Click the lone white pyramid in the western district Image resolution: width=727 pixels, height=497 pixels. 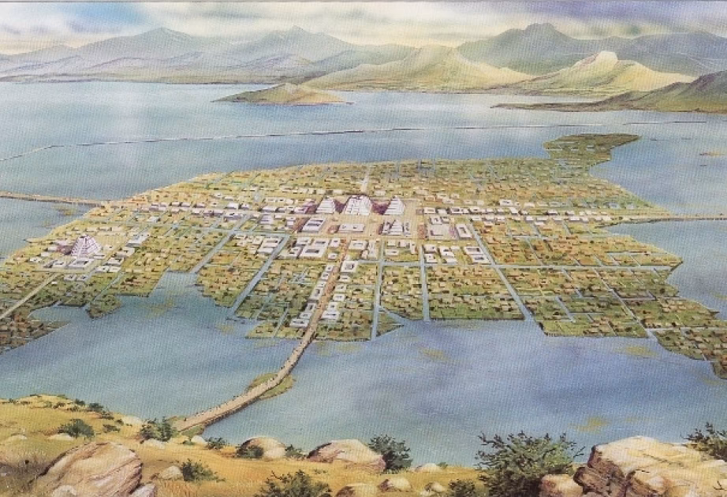pos(86,246)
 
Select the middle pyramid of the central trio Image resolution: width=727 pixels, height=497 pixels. pos(360,205)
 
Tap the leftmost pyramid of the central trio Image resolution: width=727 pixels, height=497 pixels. pos(326,206)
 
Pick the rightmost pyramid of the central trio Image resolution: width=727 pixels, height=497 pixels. pos(393,206)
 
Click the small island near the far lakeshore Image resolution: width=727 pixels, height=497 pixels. pos(284,95)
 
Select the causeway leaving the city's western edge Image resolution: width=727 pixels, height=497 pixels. pos(32,198)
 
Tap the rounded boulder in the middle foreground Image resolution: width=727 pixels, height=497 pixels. pos(347,453)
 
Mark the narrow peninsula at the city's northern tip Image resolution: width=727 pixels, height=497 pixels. pos(599,143)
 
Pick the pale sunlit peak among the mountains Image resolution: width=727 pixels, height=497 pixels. pos(602,60)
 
